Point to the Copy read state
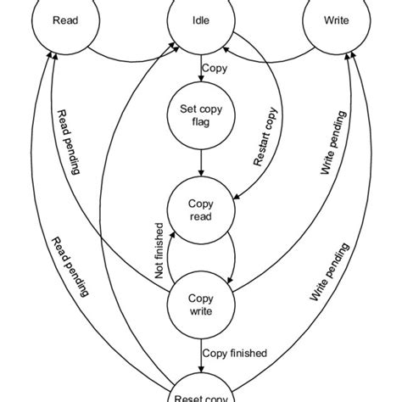pyautogui.click(x=200, y=209)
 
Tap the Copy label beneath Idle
pyautogui.click(x=215, y=67)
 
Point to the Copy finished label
pyautogui.click(x=235, y=353)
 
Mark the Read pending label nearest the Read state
pyautogui.click(x=67, y=141)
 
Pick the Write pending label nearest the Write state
pyautogui.click(x=332, y=141)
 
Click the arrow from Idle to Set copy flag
pyautogui.click(x=199, y=72)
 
